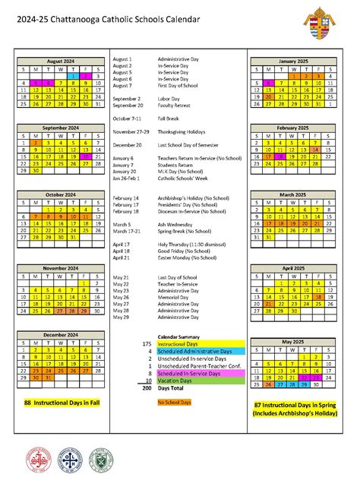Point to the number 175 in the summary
pyautogui.click(x=147, y=344)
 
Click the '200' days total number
pyautogui.click(x=147, y=387)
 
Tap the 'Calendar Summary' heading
pyautogui.click(x=179, y=336)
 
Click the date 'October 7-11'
pyautogui.click(x=128, y=118)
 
